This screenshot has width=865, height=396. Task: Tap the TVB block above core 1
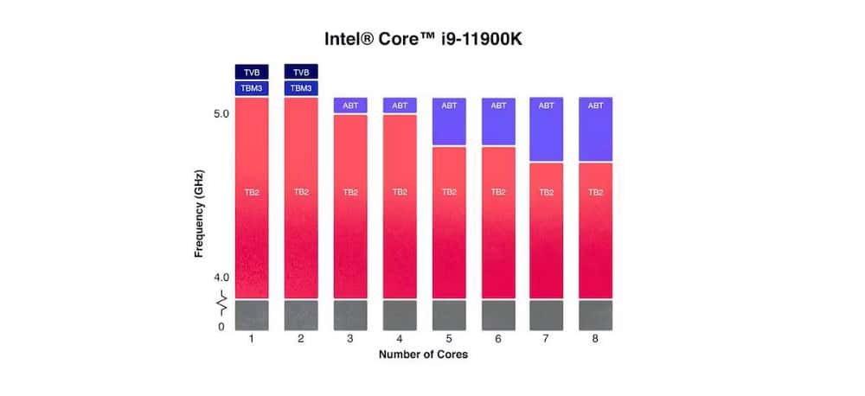[252, 72]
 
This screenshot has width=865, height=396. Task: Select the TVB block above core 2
[301, 72]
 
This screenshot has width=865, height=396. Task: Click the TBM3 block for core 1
[252, 88]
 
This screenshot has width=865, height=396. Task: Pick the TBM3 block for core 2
[301, 88]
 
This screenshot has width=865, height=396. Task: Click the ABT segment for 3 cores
[350, 105]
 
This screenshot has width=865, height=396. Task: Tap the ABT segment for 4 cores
[400, 105]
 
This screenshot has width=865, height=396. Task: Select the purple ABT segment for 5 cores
[449, 121]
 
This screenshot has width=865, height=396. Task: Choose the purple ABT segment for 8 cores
[596, 129]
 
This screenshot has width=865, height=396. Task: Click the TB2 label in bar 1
[252, 192]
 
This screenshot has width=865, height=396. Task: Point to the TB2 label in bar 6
[498, 192]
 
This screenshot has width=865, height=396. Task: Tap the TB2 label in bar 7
[547, 192]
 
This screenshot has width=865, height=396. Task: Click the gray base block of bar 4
[400, 315]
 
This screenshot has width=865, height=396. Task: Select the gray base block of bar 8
[596, 315]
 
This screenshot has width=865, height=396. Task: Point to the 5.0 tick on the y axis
[221, 113]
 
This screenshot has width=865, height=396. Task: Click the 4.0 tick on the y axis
[221, 278]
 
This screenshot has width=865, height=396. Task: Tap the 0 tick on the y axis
[221, 327]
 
